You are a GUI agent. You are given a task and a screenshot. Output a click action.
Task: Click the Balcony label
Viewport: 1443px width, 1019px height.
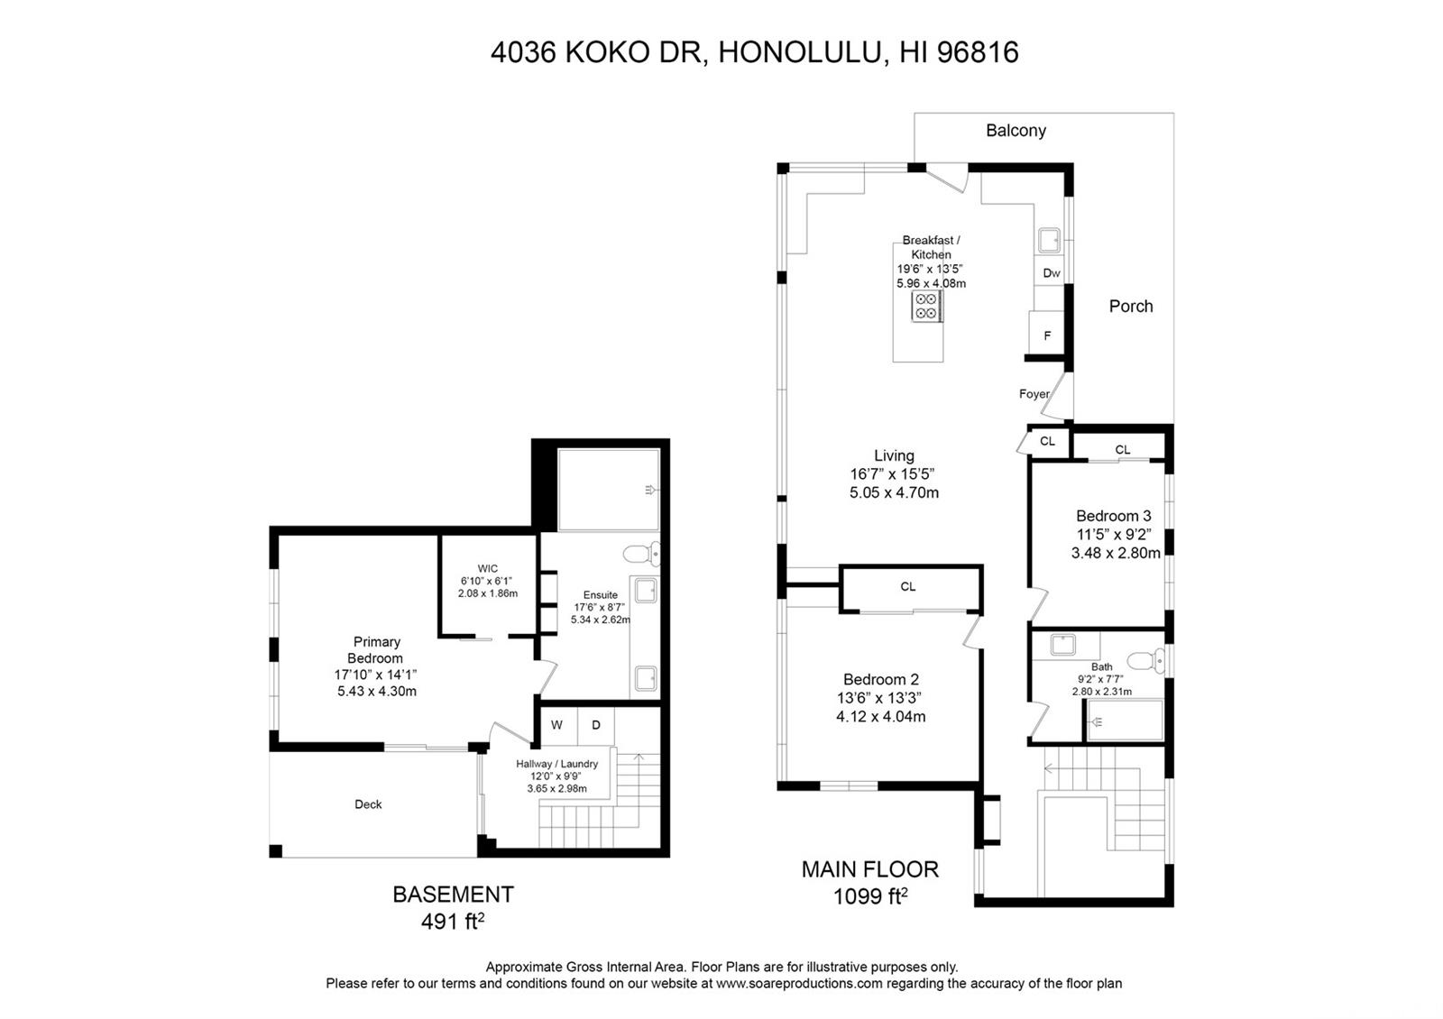pos(1016,131)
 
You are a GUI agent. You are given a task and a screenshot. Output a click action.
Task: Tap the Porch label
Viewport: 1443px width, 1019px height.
pos(1131,306)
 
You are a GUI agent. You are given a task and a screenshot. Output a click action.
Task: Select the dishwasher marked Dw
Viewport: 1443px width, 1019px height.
pos(1051,271)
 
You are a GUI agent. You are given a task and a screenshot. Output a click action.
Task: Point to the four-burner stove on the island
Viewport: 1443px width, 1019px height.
pos(927,306)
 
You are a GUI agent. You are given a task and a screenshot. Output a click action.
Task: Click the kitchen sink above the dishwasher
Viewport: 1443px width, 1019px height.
pos(1049,240)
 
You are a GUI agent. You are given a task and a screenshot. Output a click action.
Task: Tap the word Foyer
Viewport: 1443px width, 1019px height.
pos(1034,393)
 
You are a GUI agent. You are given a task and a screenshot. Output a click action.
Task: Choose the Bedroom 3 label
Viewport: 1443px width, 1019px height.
pos(1113,515)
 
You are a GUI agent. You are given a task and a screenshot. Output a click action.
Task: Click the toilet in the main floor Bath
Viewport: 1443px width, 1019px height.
pos(1145,661)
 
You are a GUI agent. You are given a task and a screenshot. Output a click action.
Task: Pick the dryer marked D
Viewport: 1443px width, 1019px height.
pos(596,725)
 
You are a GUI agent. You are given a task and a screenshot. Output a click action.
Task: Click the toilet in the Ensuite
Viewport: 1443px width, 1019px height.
pos(641,554)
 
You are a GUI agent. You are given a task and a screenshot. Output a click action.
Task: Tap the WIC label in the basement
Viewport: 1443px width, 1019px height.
pos(488,568)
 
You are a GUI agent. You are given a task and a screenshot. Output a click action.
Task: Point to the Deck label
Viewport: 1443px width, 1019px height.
pos(368,803)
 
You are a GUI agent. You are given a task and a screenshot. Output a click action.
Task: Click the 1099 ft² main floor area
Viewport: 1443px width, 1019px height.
pos(870,896)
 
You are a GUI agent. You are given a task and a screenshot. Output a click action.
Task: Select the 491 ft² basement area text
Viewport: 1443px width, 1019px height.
pos(452,922)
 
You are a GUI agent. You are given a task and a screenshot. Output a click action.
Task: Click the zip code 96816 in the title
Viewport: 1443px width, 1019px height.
pos(978,53)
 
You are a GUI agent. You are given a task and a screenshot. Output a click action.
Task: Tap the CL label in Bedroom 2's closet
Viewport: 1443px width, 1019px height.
pos(907,586)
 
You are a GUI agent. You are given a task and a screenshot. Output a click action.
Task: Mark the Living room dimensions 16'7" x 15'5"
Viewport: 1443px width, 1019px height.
pos(892,474)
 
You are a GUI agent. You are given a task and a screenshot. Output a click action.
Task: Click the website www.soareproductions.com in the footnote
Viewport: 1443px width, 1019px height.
pos(799,984)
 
